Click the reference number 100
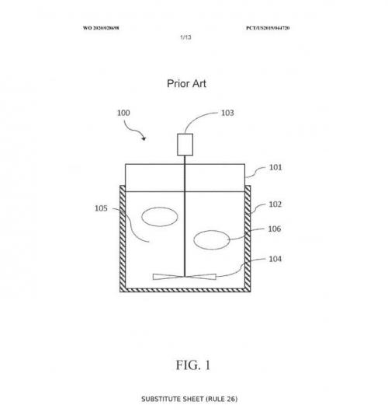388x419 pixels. (123, 113)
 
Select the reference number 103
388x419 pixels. (227, 113)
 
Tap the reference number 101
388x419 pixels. (275, 168)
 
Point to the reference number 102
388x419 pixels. (275, 204)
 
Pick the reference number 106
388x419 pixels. (275, 229)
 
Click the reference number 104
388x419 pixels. (275, 259)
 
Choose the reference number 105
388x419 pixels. (101, 208)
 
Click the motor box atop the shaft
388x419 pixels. (185, 145)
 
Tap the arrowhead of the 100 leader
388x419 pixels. (144, 138)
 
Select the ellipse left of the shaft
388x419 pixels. (160, 217)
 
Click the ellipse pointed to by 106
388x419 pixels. (212, 240)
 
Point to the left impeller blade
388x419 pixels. (168, 277)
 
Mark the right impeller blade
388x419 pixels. (200, 277)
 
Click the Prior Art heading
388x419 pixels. (186, 84)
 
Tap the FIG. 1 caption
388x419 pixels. (193, 365)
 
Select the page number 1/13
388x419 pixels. (185, 37)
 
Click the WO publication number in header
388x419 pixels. (101, 28)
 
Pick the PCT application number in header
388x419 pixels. (268, 28)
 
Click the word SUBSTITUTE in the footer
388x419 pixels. (161, 400)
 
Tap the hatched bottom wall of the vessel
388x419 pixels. (185, 290)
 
